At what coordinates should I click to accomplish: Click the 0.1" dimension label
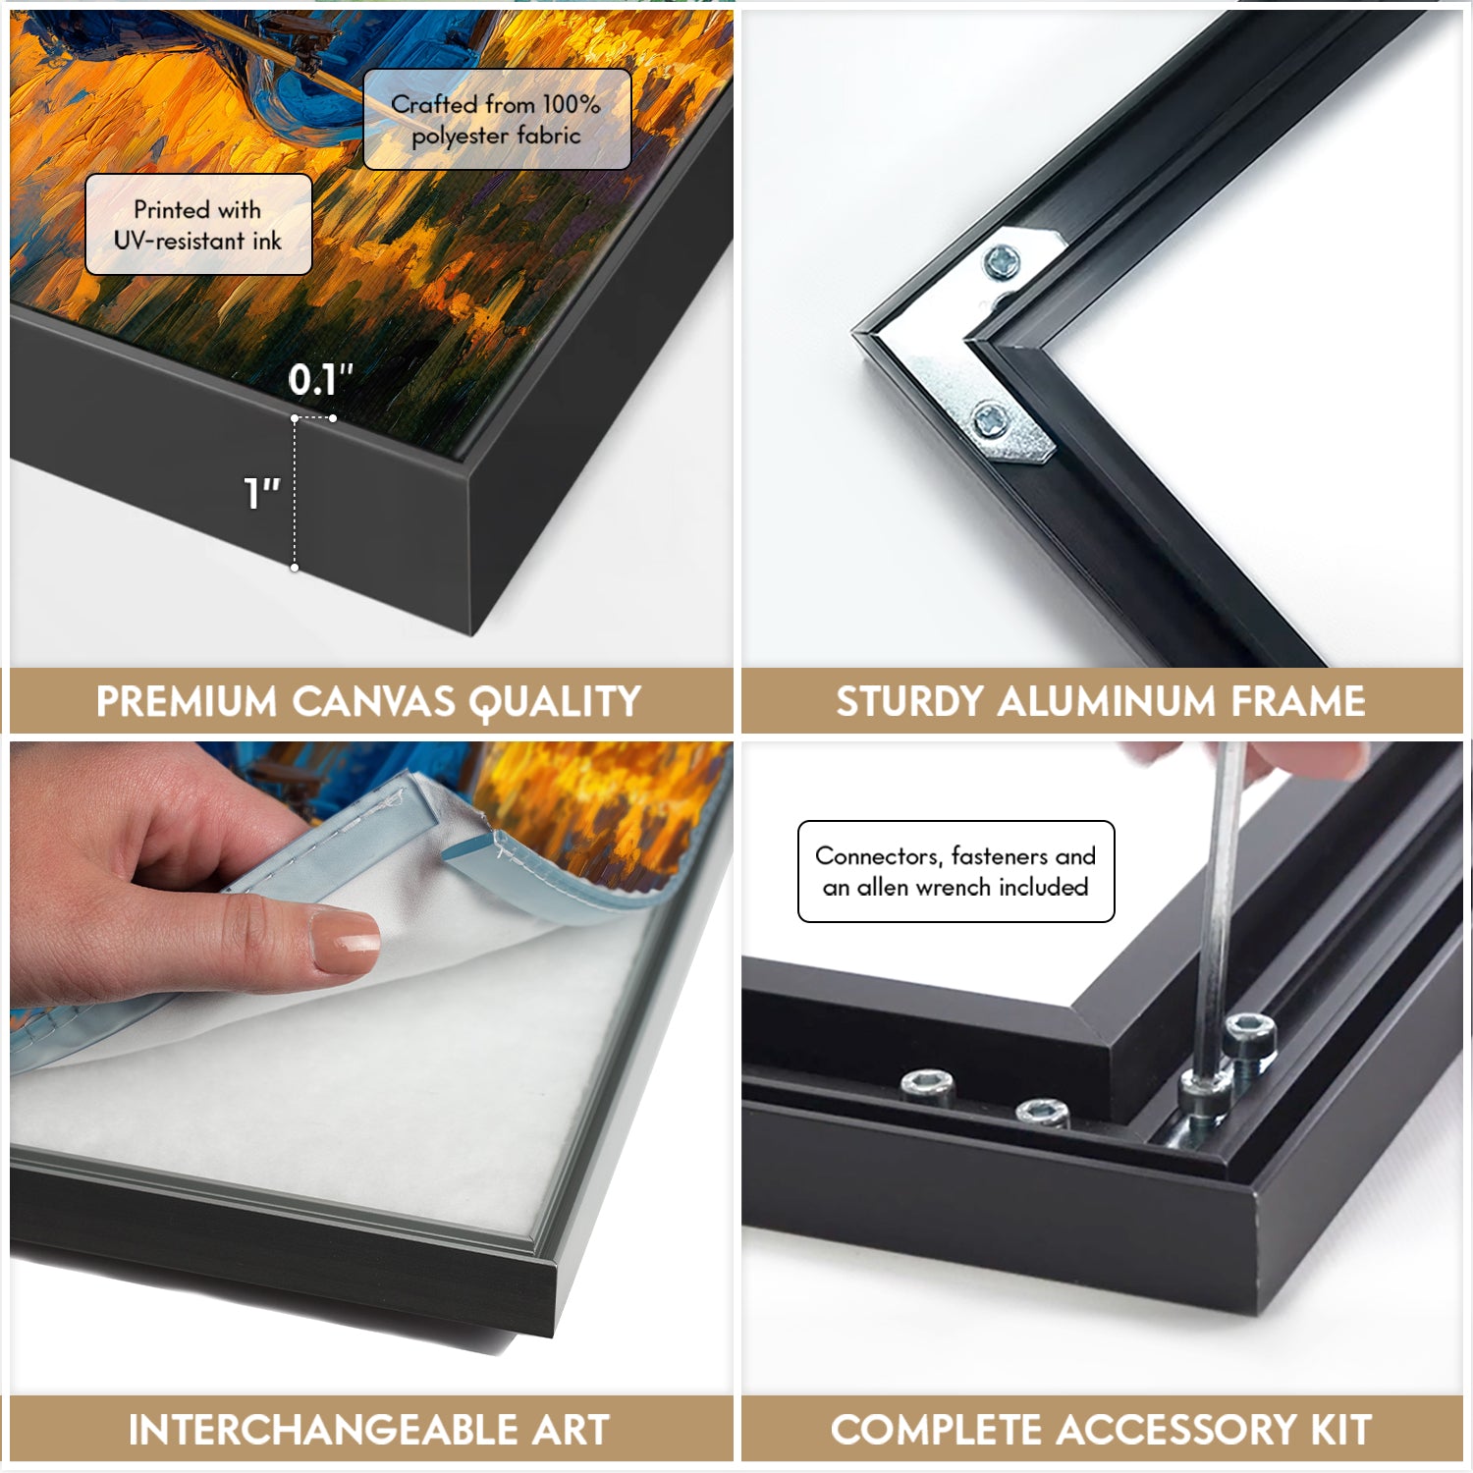(x=320, y=379)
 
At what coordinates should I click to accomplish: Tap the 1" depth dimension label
(x=261, y=493)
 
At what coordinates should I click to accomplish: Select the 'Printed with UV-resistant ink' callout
(x=198, y=225)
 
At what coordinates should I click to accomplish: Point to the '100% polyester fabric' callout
(x=497, y=119)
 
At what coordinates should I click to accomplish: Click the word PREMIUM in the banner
(x=187, y=702)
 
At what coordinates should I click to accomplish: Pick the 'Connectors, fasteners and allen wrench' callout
(x=956, y=871)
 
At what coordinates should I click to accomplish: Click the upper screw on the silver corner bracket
(x=1002, y=261)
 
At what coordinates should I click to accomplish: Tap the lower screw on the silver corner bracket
(x=990, y=421)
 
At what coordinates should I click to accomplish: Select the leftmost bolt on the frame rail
(x=928, y=1085)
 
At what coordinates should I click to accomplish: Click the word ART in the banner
(x=571, y=1430)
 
